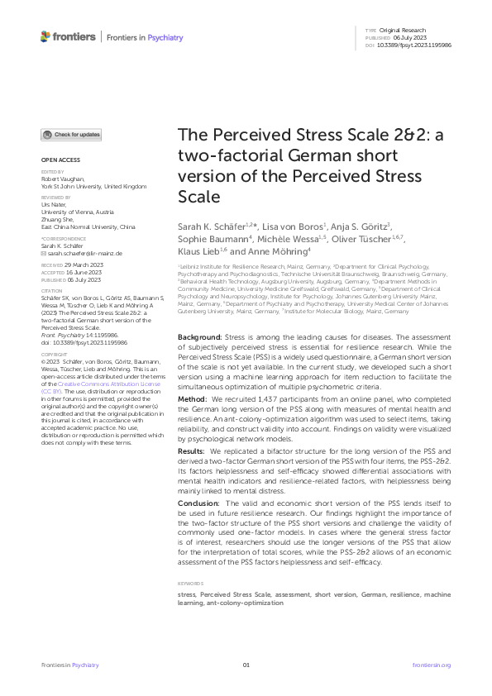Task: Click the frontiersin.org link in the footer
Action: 431,665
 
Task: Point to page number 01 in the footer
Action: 246,665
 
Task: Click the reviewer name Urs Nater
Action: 52,203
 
